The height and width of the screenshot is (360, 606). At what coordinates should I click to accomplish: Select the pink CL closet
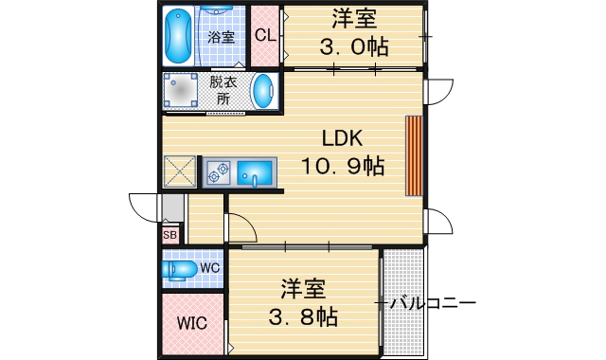(x=264, y=36)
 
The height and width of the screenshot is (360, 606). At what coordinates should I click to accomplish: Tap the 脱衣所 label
(x=223, y=91)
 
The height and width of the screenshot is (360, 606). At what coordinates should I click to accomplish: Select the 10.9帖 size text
(x=343, y=166)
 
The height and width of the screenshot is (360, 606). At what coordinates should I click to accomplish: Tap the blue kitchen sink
(x=254, y=173)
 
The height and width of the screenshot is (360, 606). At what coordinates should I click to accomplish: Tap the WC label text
(x=210, y=268)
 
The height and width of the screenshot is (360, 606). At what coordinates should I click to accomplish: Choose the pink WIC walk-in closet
(x=192, y=323)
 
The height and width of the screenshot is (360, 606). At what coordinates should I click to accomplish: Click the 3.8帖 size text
(x=303, y=315)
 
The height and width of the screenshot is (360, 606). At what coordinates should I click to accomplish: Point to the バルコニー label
(x=432, y=304)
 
